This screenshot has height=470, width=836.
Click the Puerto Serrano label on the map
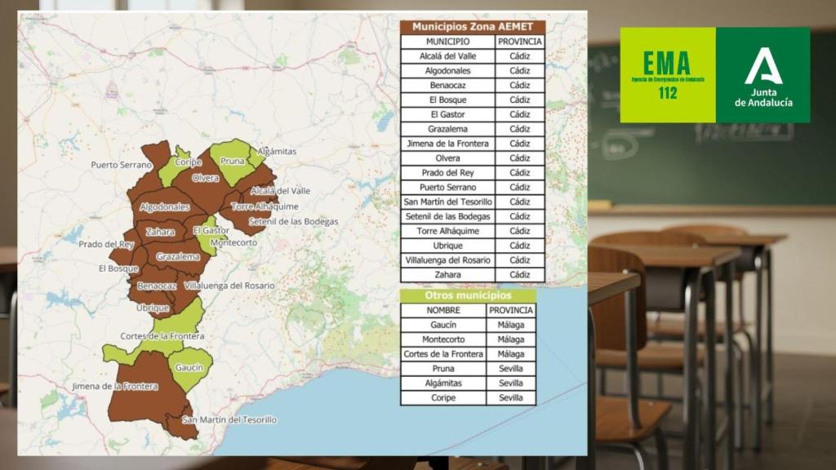click(x=121, y=165)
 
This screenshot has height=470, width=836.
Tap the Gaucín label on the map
click(x=189, y=368)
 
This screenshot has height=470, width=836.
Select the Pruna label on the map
click(x=233, y=162)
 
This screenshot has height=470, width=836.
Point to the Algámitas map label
click(x=277, y=152)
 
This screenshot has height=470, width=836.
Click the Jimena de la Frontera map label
click(x=115, y=386)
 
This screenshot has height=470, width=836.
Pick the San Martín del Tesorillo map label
click(x=229, y=420)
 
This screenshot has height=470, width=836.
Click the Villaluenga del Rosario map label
click(x=229, y=286)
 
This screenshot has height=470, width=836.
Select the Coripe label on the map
click(x=189, y=162)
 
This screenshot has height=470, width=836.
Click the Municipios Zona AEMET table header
click(x=472, y=27)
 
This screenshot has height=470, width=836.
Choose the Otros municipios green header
click(x=468, y=295)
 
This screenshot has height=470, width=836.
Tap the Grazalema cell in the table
click(x=447, y=129)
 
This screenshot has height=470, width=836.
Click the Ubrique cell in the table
click(x=447, y=246)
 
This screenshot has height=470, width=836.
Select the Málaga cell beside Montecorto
click(x=511, y=339)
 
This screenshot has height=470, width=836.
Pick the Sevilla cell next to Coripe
click(x=511, y=398)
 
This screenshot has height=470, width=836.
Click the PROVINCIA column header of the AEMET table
click(x=519, y=42)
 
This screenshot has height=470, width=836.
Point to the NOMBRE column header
click(x=443, y=311)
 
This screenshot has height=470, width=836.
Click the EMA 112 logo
click(x=667, y=75)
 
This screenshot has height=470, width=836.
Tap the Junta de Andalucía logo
click(x=763, y=75)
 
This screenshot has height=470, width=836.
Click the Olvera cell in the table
click(x=447, y=158)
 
